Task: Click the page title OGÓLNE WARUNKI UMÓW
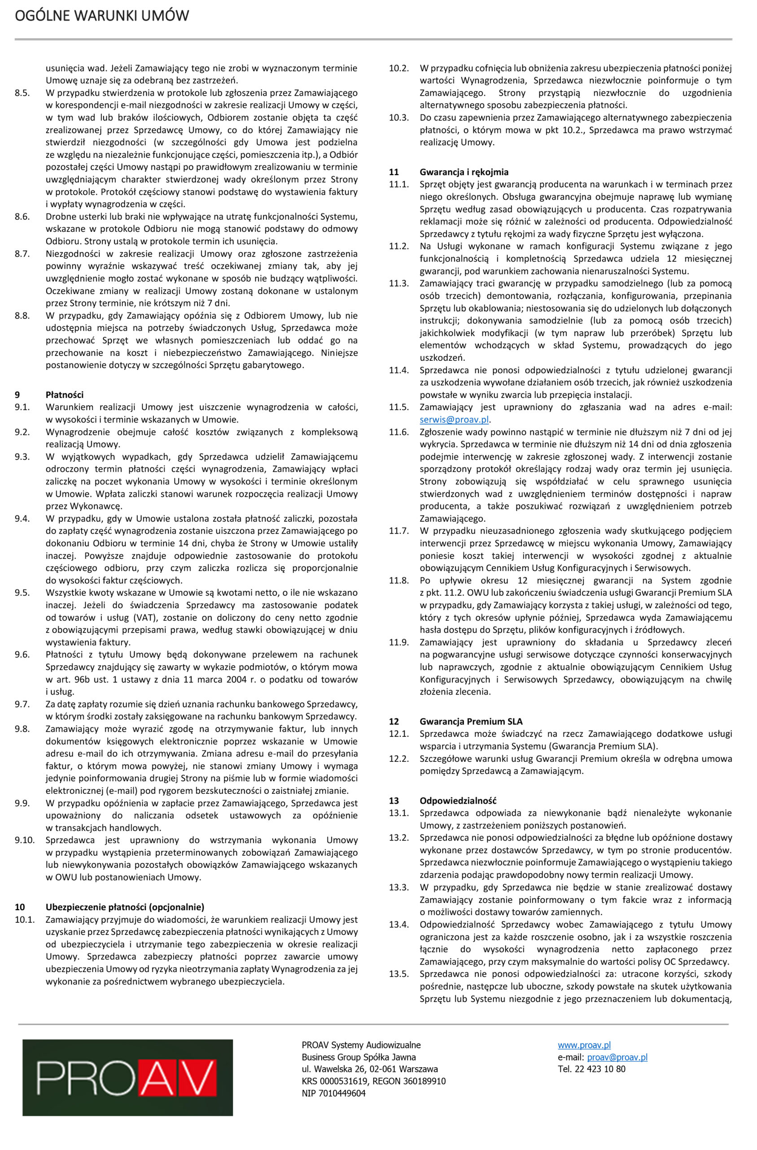click(102, 16)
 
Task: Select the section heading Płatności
click(65, 395)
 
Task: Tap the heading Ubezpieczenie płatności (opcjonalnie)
click(125, 907)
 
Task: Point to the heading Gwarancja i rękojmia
click(464, 172)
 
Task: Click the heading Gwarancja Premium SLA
click(471, 721)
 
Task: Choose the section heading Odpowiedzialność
click(458, 801)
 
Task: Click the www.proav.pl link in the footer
click(584, 1045)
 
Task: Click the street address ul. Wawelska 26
click(343, 1069)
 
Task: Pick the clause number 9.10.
click(25, 840)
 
